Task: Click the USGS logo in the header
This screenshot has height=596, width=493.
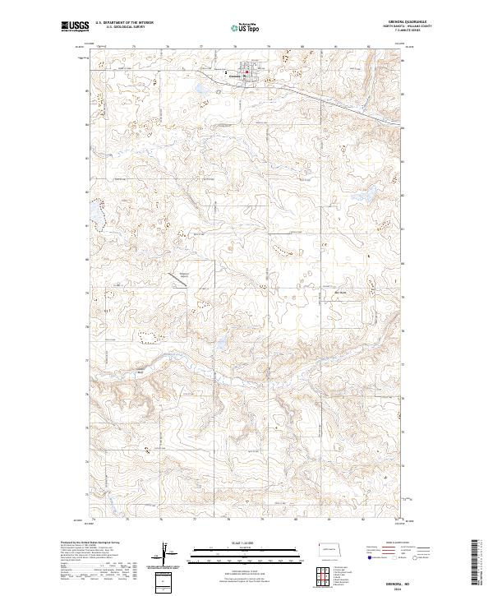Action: point(76,27)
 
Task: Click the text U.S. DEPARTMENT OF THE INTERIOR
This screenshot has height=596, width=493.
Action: point(121,23)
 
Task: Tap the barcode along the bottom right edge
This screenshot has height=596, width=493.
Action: point(477,566)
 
